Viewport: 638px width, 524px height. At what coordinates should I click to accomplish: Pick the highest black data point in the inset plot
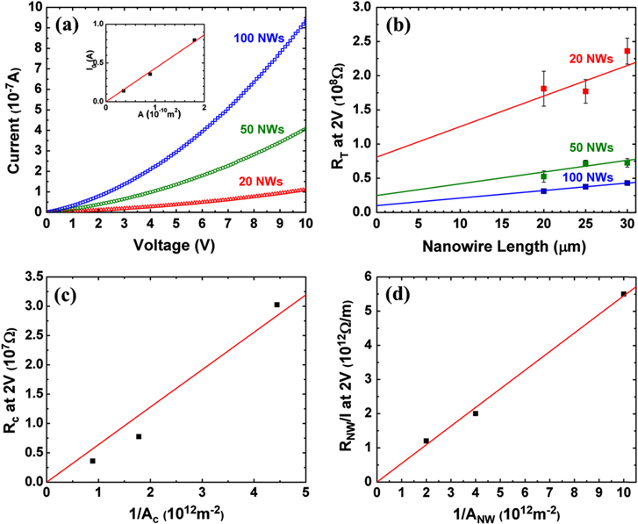point(194,40)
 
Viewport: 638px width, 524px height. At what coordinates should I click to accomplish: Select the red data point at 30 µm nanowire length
point(627,52)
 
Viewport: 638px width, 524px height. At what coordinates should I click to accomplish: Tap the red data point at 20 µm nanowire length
point(544,89)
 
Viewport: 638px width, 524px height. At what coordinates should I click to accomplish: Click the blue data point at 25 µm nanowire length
point(585,186)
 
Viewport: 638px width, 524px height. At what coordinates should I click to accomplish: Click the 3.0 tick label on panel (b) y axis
point(358,8)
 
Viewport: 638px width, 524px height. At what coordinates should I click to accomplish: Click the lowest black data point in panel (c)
point(92,461)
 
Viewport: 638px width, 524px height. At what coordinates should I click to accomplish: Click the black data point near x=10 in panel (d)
point(623,294)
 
